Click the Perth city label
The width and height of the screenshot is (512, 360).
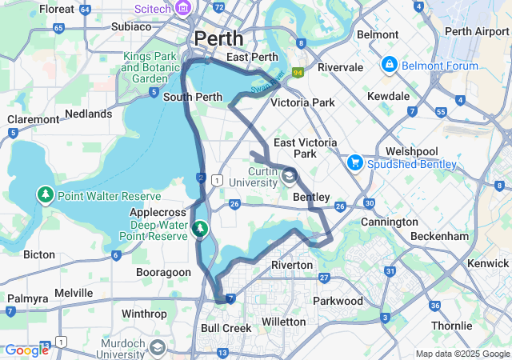219,38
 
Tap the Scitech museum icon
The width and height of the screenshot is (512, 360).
183,8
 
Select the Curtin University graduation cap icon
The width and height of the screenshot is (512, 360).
288,176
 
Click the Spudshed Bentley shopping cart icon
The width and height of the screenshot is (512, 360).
354,163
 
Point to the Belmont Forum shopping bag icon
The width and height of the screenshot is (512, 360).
389,62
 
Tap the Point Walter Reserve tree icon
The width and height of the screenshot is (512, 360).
46,195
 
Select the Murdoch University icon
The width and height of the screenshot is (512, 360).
158,347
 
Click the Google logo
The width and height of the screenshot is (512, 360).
26,350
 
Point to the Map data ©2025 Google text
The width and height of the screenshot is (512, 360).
462,354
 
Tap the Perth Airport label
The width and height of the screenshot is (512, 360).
476,31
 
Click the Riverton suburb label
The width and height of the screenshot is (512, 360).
291,264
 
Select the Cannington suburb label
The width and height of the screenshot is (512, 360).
390,222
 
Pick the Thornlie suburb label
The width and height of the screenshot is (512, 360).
452,326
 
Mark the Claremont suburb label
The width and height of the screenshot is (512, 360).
34,119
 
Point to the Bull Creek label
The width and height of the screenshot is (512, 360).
226,328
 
